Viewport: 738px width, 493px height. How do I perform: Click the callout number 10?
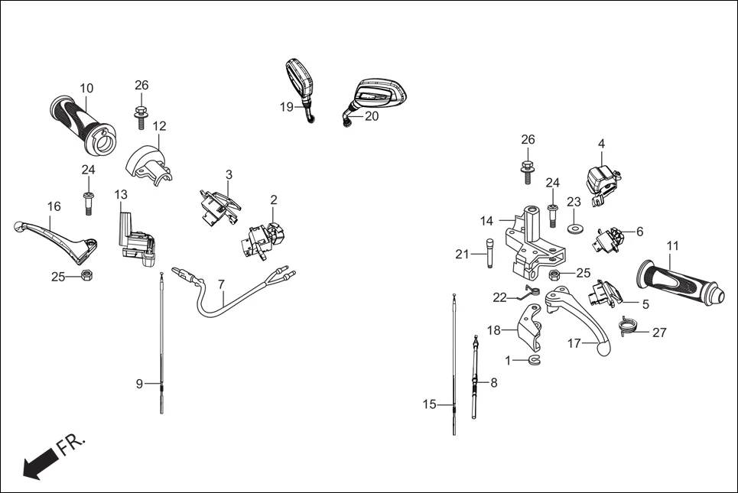point(86,88)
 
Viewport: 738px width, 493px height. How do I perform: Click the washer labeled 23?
point(574,227)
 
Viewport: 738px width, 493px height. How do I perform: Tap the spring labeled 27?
point(629,326)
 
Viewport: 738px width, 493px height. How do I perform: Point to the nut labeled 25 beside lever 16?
point(87,276)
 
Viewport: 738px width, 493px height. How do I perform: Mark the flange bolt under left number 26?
point(141,115)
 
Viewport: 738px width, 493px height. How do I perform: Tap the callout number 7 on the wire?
point(221,284)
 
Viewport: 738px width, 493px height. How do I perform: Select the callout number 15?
point(429,404)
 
